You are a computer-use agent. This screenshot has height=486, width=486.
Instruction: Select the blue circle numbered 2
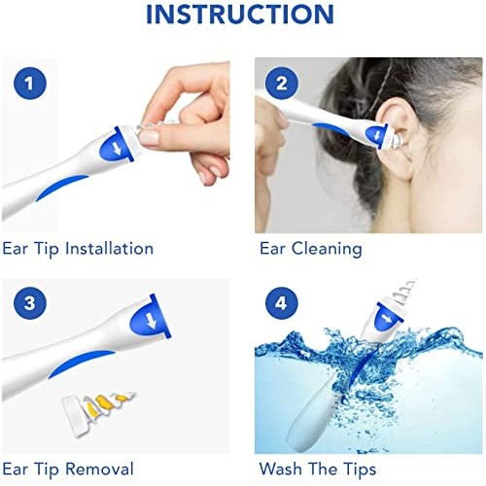[281, 84]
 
